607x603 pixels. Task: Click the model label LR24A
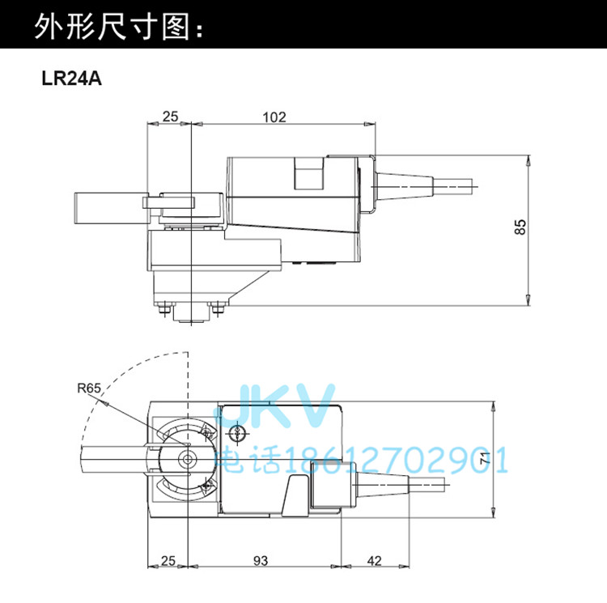71,79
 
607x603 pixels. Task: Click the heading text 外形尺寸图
112,27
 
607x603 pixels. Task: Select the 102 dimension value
274,117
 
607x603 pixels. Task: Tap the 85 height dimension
520,227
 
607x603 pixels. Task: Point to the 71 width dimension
485,458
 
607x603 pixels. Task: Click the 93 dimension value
261,561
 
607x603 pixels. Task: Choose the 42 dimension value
374,561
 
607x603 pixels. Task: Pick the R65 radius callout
89,388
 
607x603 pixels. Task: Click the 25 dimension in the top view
170,117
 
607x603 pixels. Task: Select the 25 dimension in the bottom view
168,561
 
